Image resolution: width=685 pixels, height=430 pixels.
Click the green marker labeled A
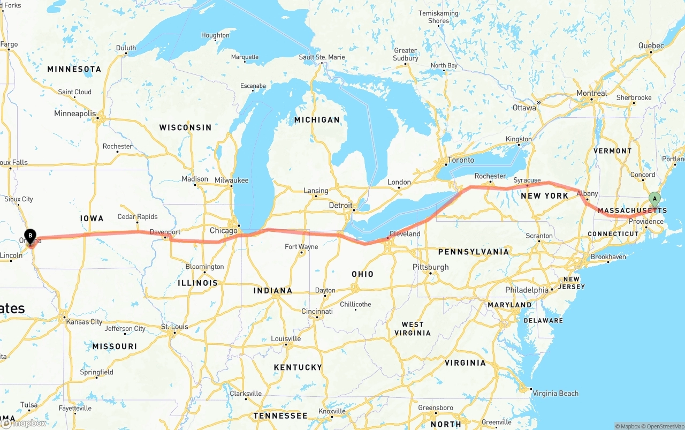point(654,199)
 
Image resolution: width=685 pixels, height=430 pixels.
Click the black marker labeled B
point(31,235)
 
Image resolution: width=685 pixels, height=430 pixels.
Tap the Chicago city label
point(223,231)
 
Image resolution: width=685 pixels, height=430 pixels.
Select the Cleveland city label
point(405,234)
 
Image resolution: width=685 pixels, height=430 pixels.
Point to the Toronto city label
point(461,160)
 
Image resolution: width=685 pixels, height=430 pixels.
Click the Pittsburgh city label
point(430,267)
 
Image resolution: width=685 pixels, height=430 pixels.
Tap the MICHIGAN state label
point(317,120)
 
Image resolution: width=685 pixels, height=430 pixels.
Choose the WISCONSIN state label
point(185,127)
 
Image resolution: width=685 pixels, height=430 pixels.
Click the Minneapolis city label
point(75,114)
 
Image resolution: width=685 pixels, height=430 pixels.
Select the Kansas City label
point(84,322)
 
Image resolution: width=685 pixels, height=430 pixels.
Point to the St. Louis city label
point(174,327)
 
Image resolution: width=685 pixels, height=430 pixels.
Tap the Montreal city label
point(591,93)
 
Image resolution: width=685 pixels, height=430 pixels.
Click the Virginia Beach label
point(555,393)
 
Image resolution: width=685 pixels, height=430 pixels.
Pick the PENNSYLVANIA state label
point(473,252)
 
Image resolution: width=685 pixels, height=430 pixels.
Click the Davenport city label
point(165,232)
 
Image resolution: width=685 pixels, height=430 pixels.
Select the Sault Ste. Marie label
point(322,57)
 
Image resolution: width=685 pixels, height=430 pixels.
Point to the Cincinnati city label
point(317,311)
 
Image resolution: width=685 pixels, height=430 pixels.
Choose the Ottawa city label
point(524,108)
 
